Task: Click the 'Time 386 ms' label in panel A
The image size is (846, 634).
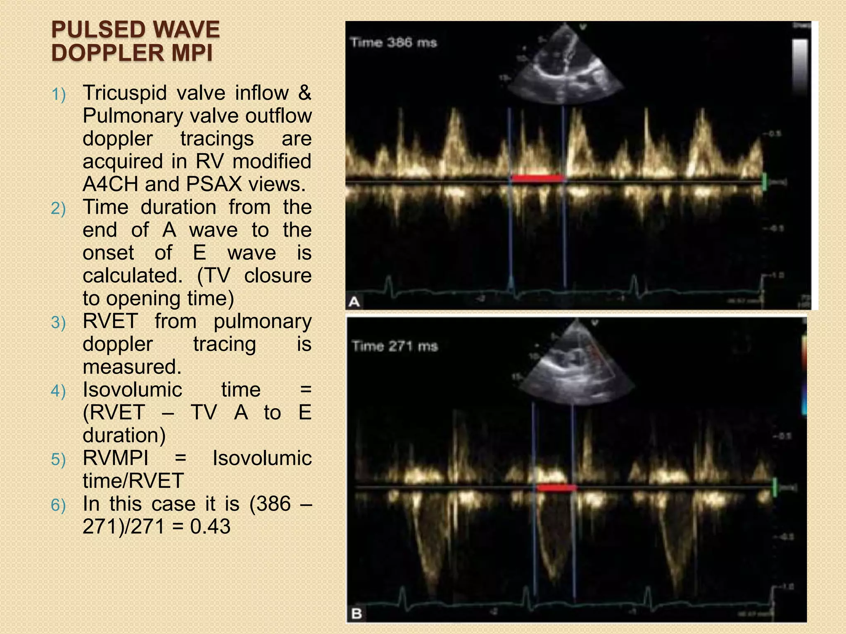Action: [393, 43]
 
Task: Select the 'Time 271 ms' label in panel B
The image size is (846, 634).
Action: [394, 346]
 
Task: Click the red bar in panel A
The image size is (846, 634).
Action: [537, 178]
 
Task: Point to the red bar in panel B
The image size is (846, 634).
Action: [556, 488]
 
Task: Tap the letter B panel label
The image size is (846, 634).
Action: [356, 614]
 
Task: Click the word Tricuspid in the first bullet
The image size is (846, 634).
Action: [125, 93]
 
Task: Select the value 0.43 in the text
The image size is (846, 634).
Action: [210, 527]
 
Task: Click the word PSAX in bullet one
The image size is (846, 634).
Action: [214, 184]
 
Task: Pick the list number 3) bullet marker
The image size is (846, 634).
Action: [58, 322]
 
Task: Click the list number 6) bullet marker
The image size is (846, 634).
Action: [58, 505]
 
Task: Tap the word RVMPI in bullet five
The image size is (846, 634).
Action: [116, 458]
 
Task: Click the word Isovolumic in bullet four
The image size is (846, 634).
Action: [132, 390]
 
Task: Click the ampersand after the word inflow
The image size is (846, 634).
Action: [304, 93]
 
